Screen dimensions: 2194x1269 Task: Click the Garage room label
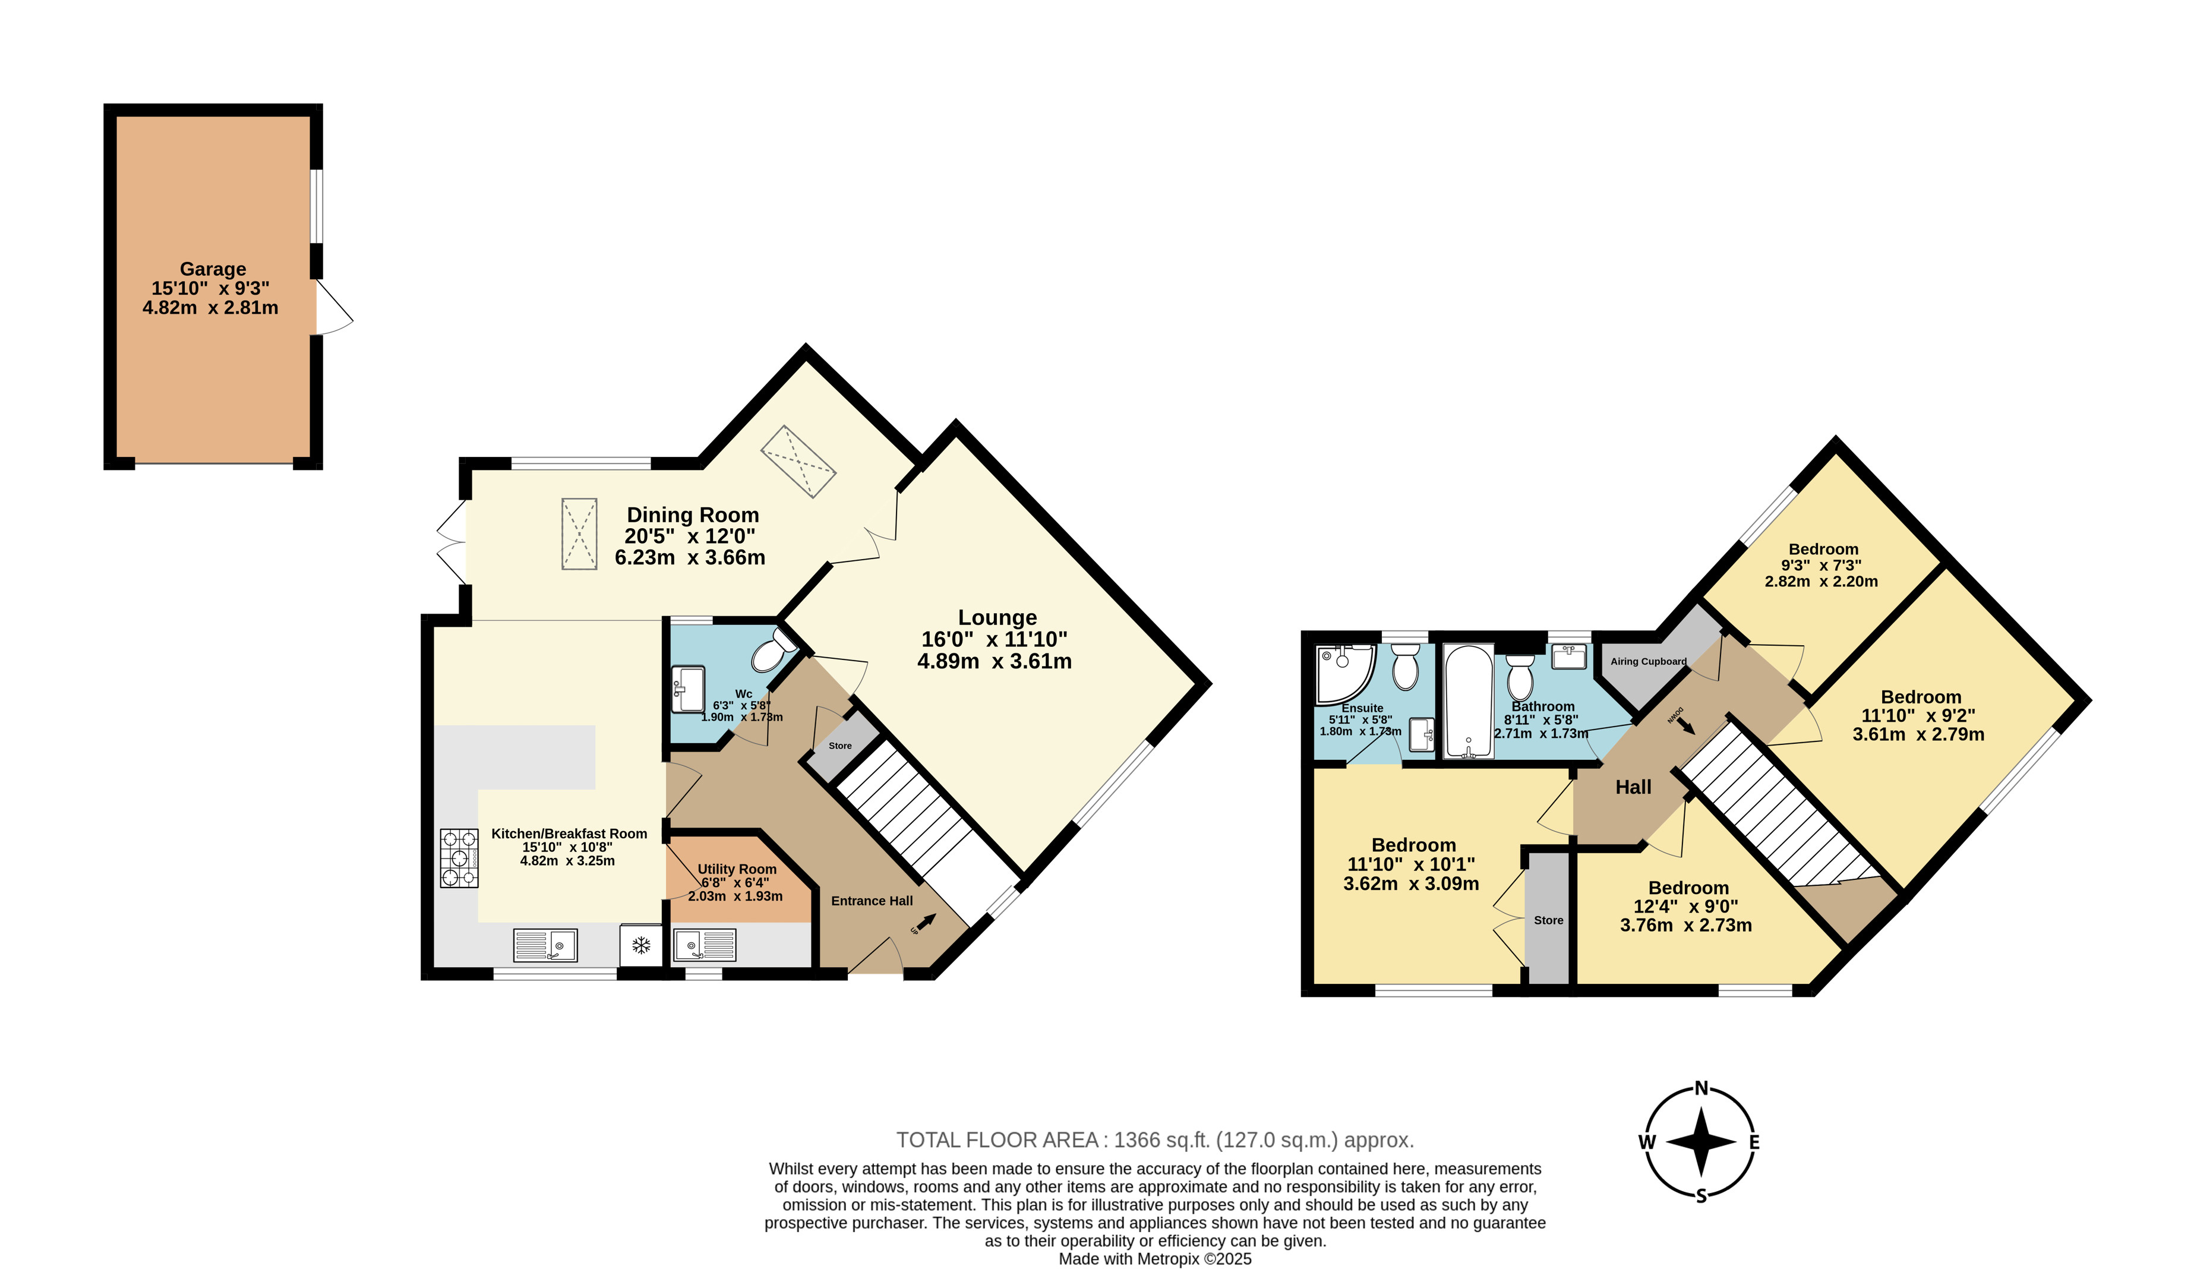click(213, 269)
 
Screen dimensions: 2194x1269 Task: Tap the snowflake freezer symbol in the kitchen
click(641, 945)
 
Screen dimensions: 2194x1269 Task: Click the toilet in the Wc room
click(773, 651)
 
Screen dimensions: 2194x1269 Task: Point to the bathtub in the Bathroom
click(1468, 702)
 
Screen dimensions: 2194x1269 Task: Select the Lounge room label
click(997, 617)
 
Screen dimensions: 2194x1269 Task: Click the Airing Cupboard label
click(1648, 661)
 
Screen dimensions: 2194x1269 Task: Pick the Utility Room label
click(737, 869)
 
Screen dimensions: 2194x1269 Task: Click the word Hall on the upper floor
click(1633, 787)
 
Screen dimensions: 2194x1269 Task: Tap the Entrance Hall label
click(872, 901)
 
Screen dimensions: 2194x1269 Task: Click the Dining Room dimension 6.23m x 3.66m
click(690, 557)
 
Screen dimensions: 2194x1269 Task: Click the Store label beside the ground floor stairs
click(840, 746)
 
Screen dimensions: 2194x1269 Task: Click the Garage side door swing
click(334, 307)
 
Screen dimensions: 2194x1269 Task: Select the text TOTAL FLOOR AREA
click(997, 1140)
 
